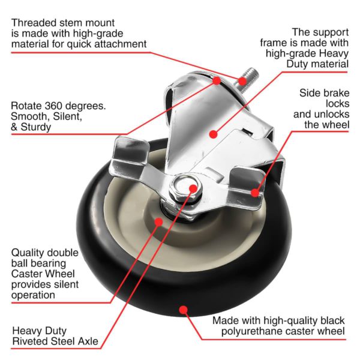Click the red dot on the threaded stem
pos(242,81)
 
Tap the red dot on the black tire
pos(183,310)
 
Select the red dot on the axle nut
pos(193,188)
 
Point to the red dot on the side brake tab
pos(255,193)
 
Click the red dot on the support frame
pos(214,134)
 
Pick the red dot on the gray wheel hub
pos(158,222)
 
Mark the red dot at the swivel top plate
pos(217,80)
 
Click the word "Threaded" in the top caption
pos(34,23)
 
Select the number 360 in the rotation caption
pos(53,106)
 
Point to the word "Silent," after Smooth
pos(67,116)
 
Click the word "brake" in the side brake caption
pos(337,93)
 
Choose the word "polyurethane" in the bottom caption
pos(268,331)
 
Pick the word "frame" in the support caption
pos(279,43)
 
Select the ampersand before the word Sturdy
pos(14,127)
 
